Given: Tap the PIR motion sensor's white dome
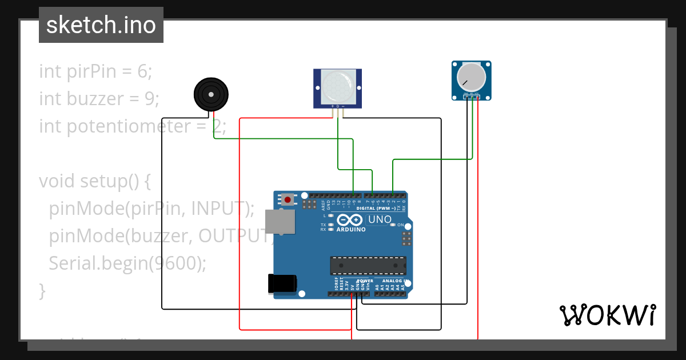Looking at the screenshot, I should (x=337, y=86).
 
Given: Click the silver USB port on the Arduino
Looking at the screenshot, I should (x=280, y=221).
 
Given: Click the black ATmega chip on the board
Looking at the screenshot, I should (x=368, y=266).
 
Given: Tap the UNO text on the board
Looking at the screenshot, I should (x=379, y=220).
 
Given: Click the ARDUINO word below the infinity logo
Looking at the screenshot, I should (x=351, y=229).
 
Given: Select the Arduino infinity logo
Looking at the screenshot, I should (x=350, y=219).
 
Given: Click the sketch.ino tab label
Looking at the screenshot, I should (x=101, y=25).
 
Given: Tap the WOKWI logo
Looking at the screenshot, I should (x=607, y=315).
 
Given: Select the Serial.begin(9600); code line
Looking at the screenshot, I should (x=127, y=263).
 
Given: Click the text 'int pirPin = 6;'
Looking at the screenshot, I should (x=95, y=71).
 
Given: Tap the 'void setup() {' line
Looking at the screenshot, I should (x=94, y=181).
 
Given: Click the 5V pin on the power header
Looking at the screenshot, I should (x=352, y=294).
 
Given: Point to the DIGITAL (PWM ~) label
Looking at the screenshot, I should (x=376, y=209).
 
